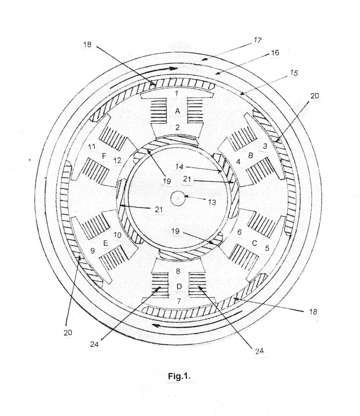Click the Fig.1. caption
coord(179,376)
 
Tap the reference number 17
coord(257,40)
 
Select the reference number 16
coord(275,53)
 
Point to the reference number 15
coord(294,73)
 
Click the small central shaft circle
coord(177,198)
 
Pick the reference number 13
coord(212,202)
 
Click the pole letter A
coord(177,112)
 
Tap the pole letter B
coord(251,155)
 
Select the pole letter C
coord(254,243)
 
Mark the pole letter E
coord(105,243)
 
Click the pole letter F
coord(104,156)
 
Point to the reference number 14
coord(180,167)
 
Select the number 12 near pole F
coord(117,161)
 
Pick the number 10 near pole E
coord(117,235)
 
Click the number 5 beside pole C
coord(267,248)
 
